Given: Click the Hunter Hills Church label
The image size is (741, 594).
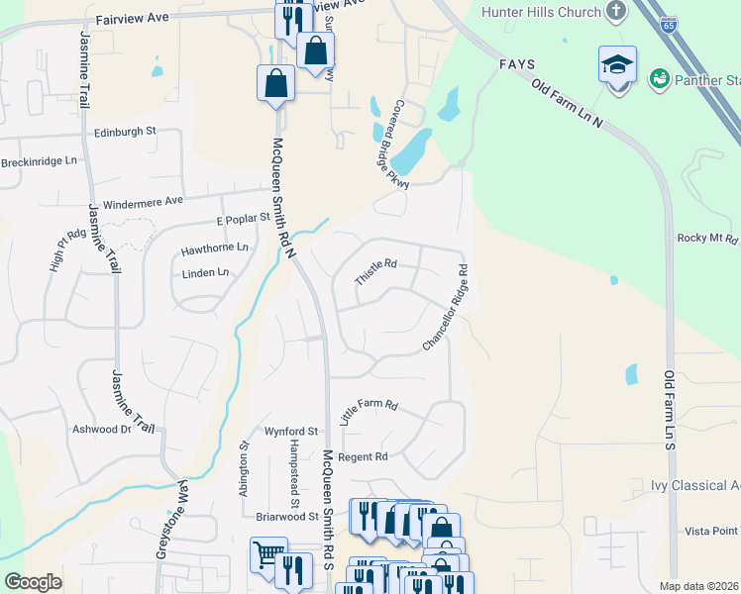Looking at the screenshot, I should tap(541, 12).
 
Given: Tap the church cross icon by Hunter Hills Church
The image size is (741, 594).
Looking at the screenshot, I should tap(616, 12).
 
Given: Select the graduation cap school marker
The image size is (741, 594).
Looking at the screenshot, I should tap(617, 65).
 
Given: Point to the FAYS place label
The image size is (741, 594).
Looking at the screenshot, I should tap(516, 63).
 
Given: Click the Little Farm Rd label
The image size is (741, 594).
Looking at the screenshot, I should tap(369, 411).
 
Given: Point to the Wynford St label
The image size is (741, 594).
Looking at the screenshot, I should tap(290, 432).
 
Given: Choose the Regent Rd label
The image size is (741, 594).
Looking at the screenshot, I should tap(363, 456).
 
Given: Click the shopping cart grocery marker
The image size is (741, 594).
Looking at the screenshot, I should tap(268, 554).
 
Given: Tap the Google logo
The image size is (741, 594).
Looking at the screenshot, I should tap(32, 581).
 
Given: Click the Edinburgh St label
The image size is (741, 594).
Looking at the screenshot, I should tap(126, 131).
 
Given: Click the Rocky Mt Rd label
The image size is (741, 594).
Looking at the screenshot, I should tap(707, 239).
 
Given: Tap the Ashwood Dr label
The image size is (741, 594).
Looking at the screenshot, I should tap(101, 430).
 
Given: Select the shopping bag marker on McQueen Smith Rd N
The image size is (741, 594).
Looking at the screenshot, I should tap(275, 83).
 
